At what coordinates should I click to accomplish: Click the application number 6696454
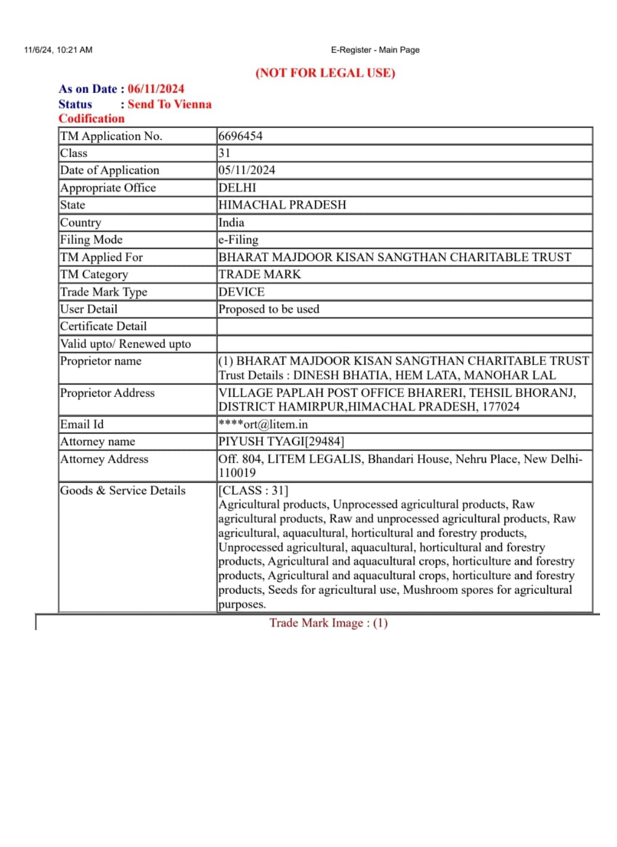240,136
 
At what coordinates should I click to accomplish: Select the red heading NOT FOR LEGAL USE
325,73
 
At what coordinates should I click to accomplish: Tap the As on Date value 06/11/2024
156,89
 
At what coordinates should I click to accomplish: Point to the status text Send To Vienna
170,104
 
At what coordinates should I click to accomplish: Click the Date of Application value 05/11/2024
246,170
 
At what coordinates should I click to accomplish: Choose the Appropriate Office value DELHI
237,188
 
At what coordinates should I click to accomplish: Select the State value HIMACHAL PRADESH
282,205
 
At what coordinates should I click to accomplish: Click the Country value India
231,222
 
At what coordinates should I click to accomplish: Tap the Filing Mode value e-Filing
239,240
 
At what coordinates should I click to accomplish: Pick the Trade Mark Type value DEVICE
242,292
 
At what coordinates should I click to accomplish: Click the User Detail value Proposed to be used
269,309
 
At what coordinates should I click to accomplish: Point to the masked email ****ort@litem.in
263,424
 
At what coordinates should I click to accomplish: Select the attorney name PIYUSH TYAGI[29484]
281,442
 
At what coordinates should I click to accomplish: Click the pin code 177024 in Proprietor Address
501,407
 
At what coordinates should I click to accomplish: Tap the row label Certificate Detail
104,326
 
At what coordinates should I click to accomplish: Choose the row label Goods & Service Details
123,491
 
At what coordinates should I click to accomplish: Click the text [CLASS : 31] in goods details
253,491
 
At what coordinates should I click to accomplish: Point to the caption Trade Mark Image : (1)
328,623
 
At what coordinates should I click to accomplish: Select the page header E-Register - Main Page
375,50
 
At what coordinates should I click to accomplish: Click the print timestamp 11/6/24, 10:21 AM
58,50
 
